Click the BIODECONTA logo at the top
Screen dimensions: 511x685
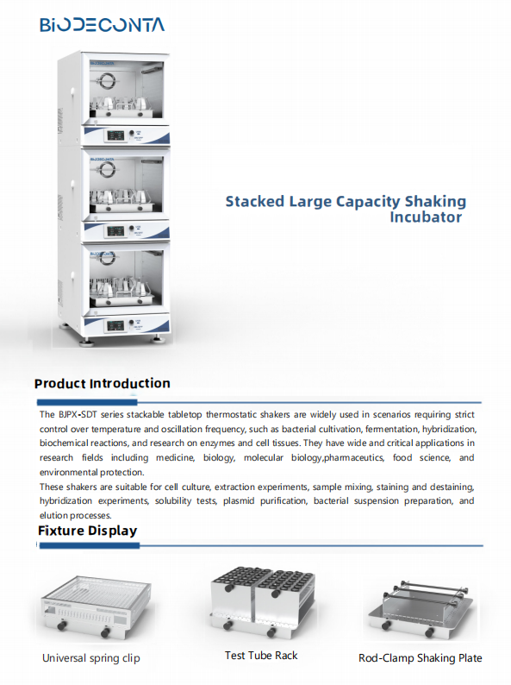(102, 24)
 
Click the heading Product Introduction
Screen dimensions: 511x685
(102, 383)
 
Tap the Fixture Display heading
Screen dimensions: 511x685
(87, 531)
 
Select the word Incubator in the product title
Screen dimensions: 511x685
(426, 217)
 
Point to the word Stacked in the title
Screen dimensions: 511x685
(255, 201)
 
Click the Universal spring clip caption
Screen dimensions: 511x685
(91, 658)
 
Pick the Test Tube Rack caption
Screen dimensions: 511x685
(261, 656)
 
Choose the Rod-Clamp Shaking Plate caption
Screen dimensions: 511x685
(421, 658)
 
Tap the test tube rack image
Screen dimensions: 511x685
(262, 600)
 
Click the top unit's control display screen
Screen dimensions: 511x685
(115, 135)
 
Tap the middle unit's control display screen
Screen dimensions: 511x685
(115, 231)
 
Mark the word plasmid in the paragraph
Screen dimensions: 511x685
(238, 500)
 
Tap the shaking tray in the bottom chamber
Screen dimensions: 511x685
(122, 299)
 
